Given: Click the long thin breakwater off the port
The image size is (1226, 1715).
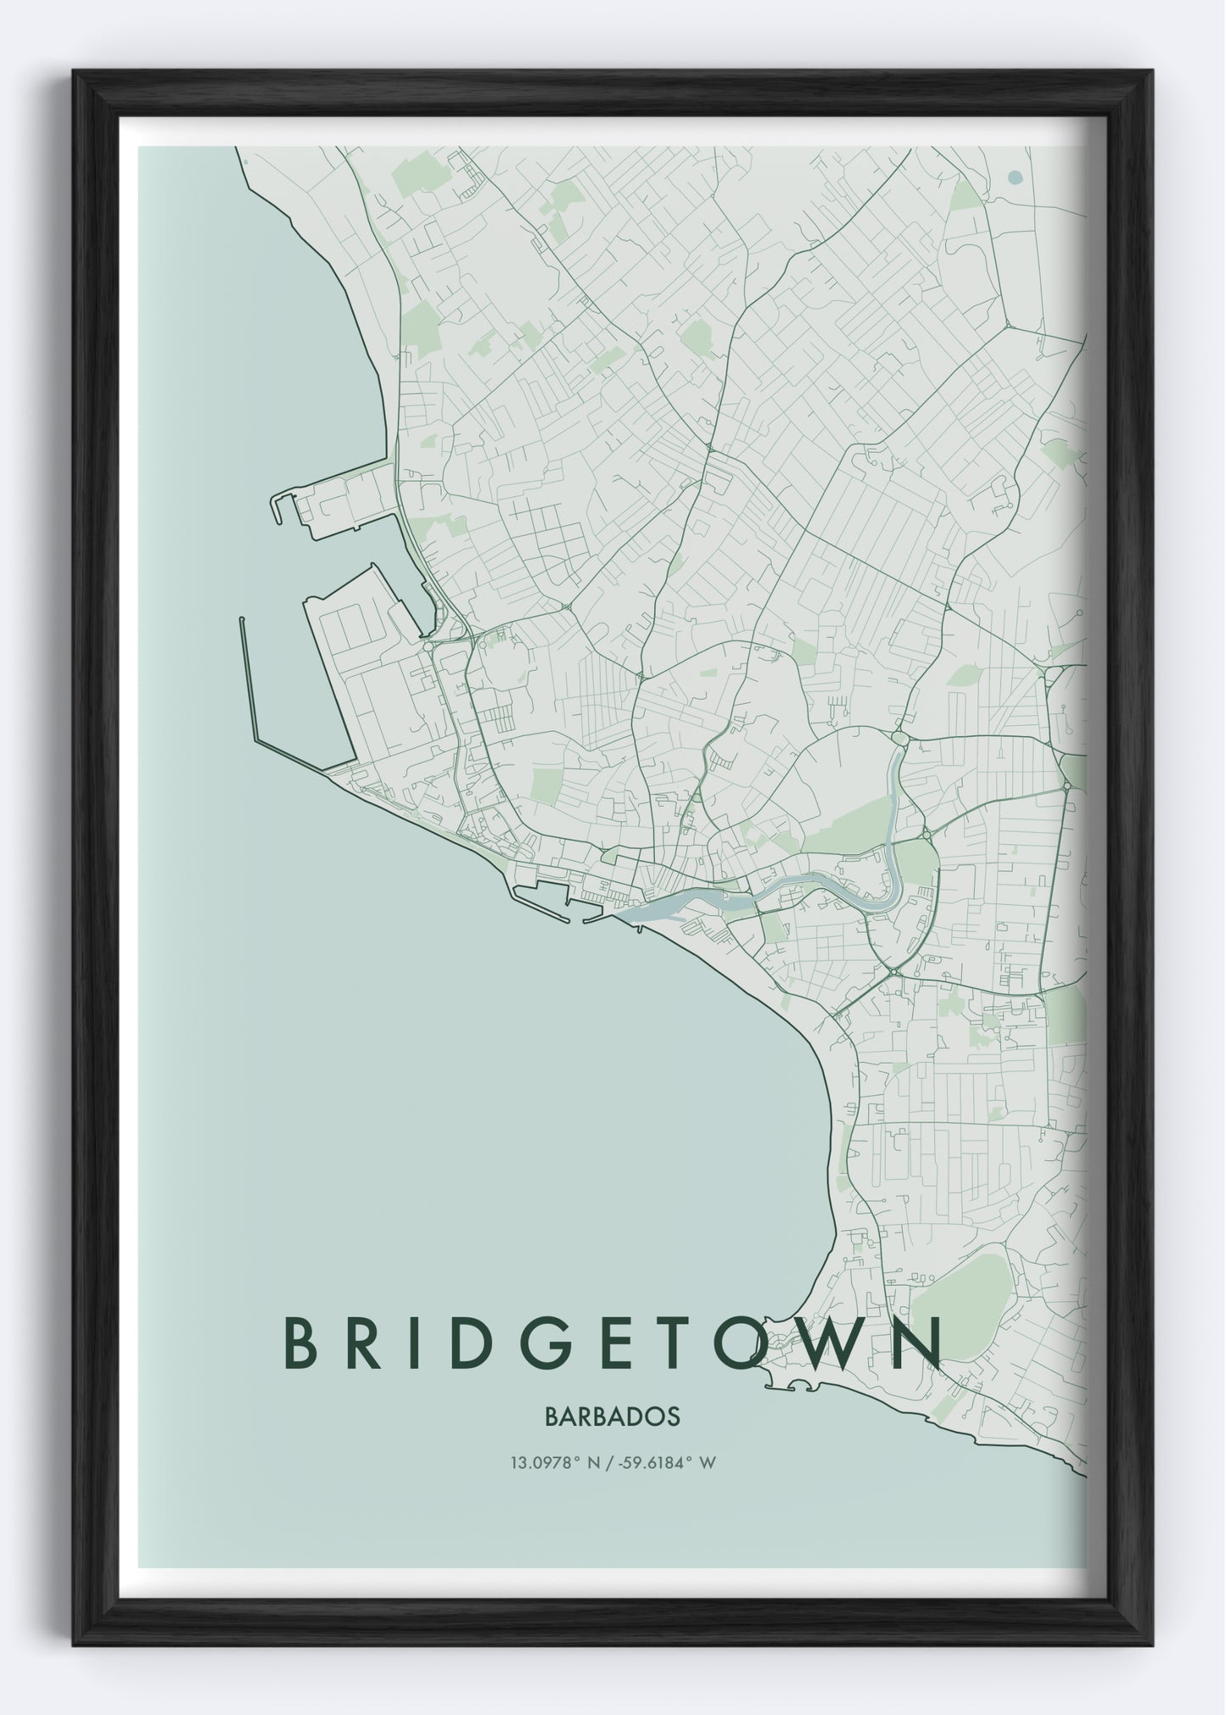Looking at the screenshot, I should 249,679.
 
